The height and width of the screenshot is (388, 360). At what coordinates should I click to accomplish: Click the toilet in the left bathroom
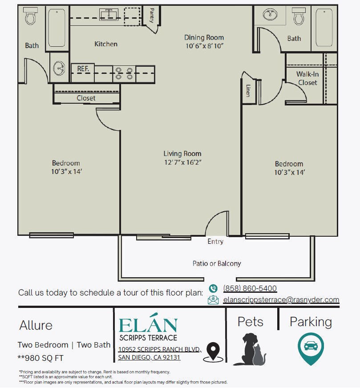tap(30, 16)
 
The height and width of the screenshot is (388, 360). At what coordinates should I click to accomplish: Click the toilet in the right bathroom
tap(299, 16)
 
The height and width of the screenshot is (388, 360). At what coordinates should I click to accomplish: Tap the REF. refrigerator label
tap(83, 69)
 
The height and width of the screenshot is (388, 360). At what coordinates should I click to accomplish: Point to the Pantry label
tap(152, 15)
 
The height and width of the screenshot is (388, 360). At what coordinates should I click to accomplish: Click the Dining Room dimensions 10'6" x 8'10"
tap(205, 46)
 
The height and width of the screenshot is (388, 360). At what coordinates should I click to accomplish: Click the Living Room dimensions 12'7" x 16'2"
tap(183, 162)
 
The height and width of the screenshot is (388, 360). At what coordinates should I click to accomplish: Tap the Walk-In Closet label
tap(307, 78)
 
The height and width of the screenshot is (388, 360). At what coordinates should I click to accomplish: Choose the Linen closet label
tap(248, 91)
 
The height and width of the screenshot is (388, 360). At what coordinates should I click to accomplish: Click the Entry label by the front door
tap(215, 242)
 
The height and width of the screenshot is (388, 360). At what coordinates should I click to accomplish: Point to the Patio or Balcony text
tap(217, 263)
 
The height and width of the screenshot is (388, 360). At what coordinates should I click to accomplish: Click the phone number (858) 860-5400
tap(250, 288)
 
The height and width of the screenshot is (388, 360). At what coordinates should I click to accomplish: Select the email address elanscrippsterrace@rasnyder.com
tap(281, 299)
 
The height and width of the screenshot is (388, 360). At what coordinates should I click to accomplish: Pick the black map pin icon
tap(213, 352)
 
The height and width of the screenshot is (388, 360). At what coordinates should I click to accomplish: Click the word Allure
tap(36, 325)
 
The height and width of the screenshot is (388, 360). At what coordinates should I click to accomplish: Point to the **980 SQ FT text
tap(40, 358)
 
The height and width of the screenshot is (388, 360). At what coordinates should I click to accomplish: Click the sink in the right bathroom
tap(270, 14)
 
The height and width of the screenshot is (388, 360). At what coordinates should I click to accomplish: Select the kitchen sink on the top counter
tap(109, 14)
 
